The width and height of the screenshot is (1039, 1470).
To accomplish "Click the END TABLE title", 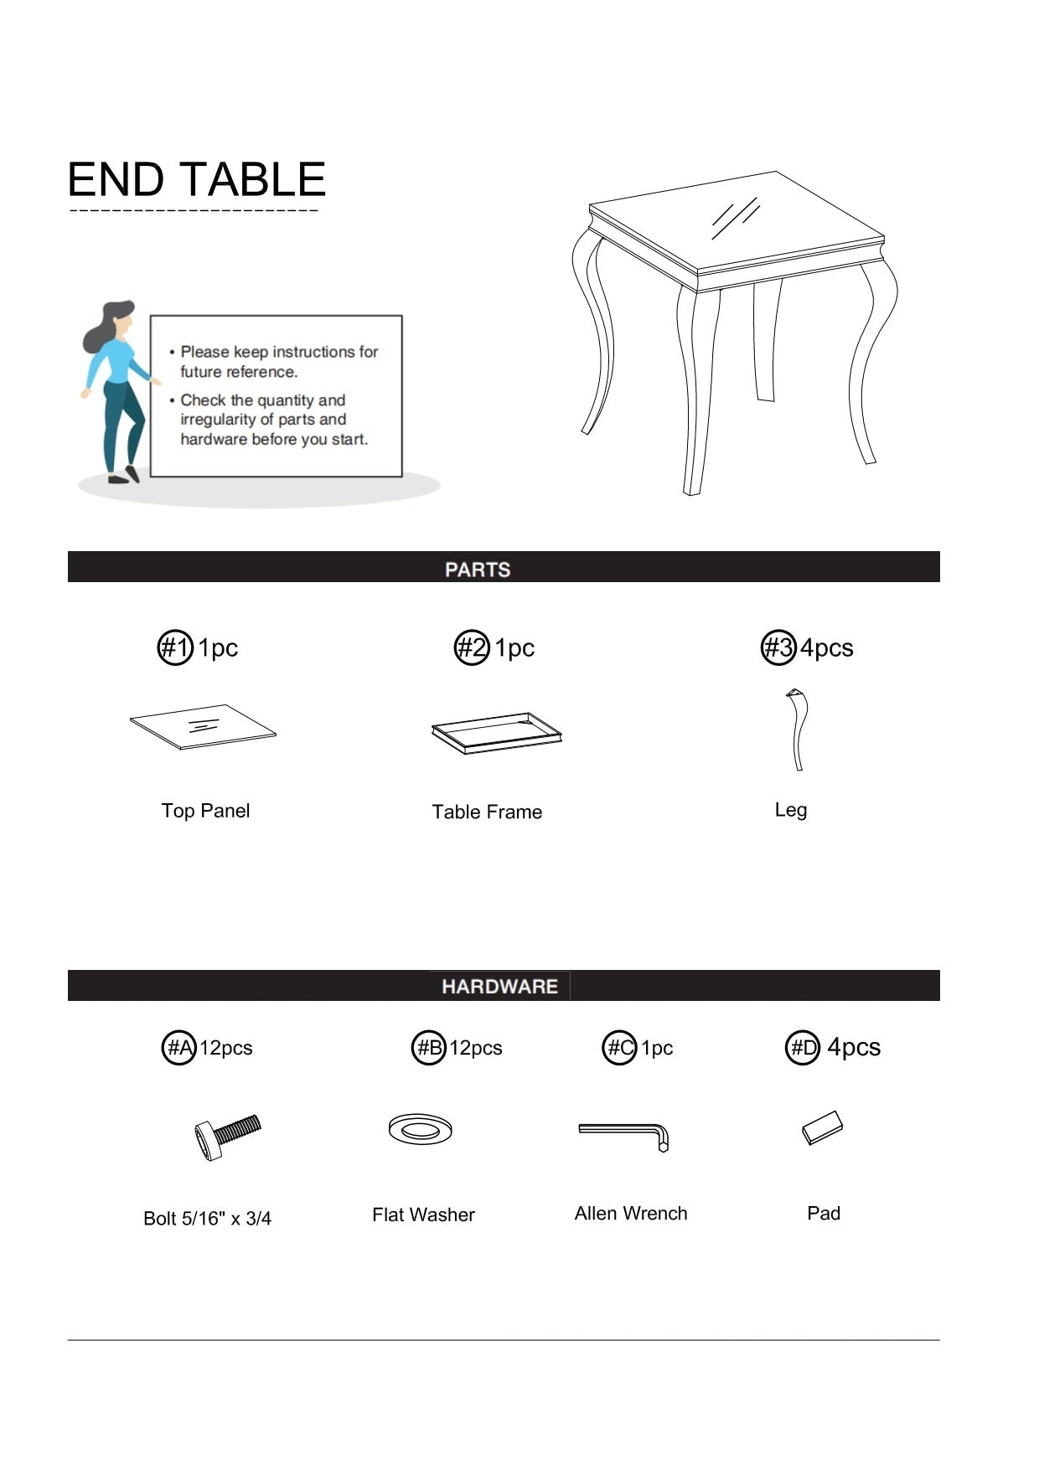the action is click(196, 179).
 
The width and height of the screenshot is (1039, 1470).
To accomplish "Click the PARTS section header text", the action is click(478, 570).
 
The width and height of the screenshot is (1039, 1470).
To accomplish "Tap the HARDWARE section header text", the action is click(499, 986).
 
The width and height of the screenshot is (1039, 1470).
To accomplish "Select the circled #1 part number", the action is click(175, 647).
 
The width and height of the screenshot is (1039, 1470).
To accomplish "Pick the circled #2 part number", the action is click(472, 647).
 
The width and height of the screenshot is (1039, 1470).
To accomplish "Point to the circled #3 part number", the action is click(778, 647).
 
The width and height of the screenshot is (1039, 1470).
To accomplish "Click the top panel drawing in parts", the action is click(203, 726).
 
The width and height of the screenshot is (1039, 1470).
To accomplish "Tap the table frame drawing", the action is click(497, 734).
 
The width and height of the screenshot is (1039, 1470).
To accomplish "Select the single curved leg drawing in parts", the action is click(797, 729).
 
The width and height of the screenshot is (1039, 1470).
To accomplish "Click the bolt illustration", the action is click(227, 1137).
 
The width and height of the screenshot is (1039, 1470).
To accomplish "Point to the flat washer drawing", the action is click(420, 1129).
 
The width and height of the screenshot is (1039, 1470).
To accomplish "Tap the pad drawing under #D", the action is click(822, 1127).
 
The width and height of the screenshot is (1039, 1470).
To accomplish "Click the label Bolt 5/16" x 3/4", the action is click(207, 1218).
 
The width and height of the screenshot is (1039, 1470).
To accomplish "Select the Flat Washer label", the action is click(423, 1215).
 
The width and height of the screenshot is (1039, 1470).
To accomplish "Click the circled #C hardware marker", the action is click(620, 1048).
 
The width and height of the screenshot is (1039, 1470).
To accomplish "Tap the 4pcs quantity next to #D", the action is click(854, 1047).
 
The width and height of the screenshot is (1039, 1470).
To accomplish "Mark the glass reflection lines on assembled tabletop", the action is click(736, 218).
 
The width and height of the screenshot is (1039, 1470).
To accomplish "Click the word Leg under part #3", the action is click(791, 810).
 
